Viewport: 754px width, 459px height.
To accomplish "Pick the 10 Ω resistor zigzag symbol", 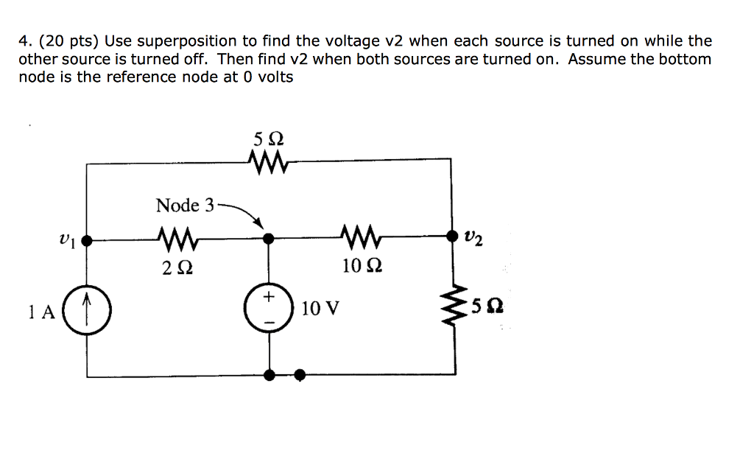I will (361, 239).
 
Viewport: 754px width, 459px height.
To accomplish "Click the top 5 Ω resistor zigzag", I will (268, 159).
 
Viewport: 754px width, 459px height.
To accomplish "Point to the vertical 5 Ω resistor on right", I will (452, 304).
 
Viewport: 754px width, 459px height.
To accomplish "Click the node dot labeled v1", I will (87, 239).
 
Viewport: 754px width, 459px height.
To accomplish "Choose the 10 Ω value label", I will (362, 265).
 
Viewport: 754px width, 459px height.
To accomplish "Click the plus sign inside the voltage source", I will (269, 296).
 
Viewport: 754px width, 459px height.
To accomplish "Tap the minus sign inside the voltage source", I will (269, 322).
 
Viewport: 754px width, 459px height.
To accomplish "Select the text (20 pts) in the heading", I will (66, 41).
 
